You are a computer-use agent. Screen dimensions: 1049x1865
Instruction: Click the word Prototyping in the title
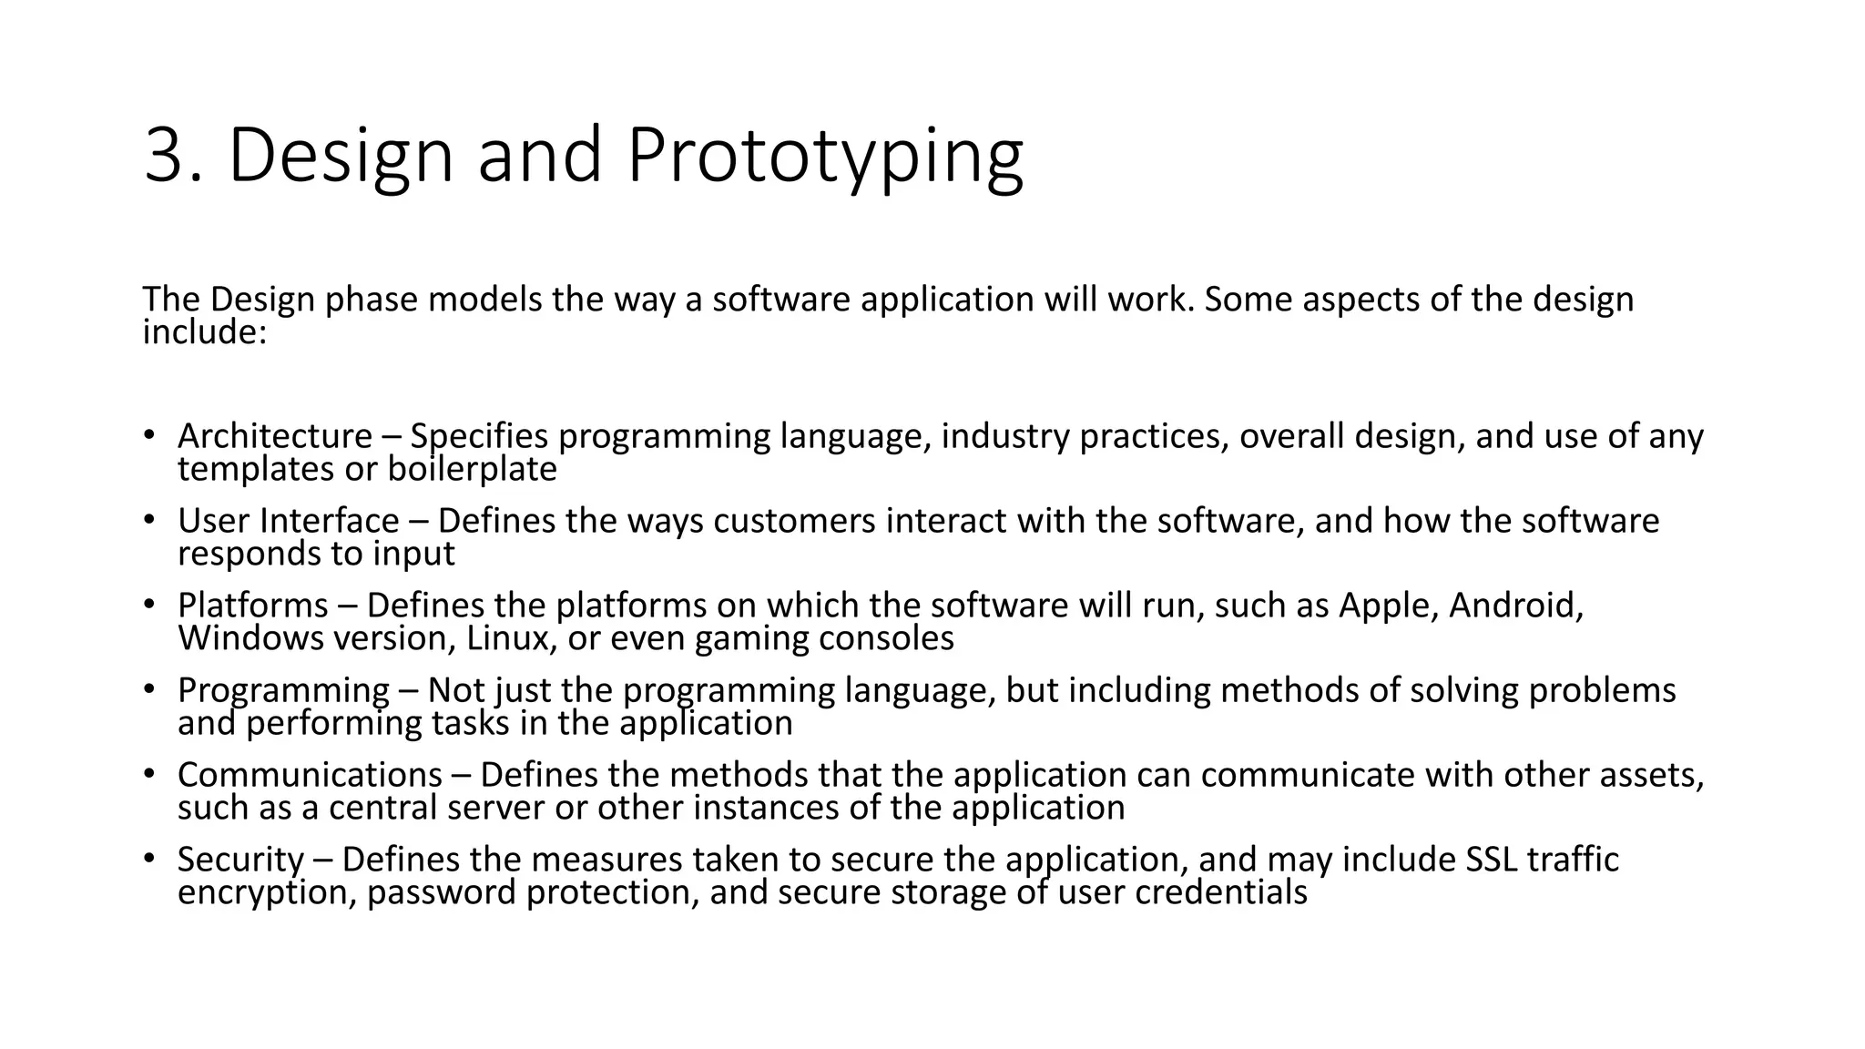(824, 157)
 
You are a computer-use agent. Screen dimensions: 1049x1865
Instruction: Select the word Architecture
(275, 437)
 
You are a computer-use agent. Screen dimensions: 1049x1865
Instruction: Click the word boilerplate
(472, 470)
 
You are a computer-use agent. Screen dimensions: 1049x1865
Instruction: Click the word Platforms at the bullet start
(253, 606)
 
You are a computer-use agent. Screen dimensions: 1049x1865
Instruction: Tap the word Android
(1516, 606)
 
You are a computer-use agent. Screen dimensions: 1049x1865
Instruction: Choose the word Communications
(310, 776)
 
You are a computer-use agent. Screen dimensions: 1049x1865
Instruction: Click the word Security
(240, 861)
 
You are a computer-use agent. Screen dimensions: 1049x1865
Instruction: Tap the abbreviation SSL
(1492, 861)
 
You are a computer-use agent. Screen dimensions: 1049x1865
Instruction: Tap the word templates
(255, 470)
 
